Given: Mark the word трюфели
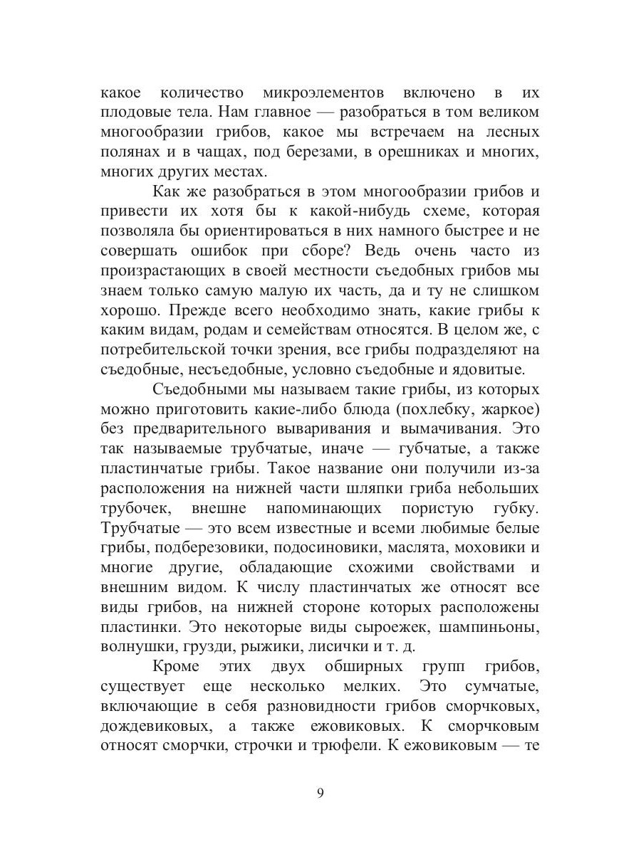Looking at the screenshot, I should coord(341,727).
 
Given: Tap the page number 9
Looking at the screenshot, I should coord(320,794).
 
